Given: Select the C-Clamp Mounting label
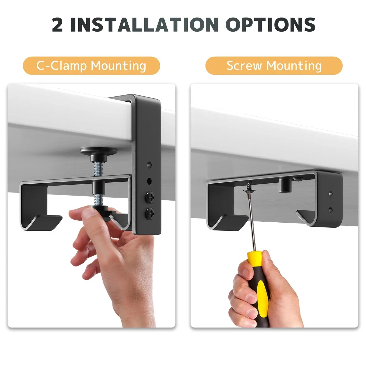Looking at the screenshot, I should click(91, 66).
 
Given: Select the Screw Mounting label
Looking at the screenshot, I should click(274, 66).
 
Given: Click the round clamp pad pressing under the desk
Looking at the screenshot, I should click(99, 151).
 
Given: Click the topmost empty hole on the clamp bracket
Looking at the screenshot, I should click(149, 165).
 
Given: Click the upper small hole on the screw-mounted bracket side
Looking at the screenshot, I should click(331, 194).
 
